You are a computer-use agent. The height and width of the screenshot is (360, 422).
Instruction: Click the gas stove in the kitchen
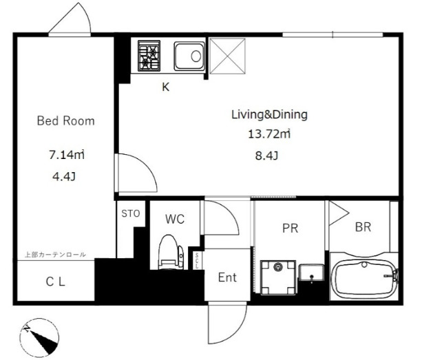(149, 56)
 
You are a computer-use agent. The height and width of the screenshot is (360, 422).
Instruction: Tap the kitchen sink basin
(189, 56)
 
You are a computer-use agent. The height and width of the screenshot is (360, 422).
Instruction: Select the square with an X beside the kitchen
(227, 56)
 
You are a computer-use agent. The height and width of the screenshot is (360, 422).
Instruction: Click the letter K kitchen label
(165, 87)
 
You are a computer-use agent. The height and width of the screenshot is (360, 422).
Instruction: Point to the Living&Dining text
(269, 115)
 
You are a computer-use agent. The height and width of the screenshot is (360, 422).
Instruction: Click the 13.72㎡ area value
(269, 134)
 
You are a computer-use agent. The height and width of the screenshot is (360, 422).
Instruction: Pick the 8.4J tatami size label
(266, 156)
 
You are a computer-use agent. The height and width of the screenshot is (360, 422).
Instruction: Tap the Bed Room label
(65, 121)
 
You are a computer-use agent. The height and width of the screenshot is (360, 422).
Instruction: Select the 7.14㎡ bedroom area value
(67, 155)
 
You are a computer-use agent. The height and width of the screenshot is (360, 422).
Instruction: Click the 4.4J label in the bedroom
(64, 176)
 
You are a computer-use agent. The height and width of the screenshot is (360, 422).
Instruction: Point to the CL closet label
(56, 282)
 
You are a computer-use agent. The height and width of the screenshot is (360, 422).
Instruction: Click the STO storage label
(131, 213)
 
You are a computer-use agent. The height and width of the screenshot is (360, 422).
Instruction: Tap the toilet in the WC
(171, 253)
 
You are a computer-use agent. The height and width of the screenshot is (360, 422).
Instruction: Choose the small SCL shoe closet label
(197, 260)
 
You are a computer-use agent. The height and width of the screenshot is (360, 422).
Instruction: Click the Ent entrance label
(227, 277)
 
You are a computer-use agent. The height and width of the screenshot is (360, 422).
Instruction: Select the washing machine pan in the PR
(278, 277)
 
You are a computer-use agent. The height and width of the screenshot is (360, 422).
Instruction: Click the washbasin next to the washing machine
(311, 273)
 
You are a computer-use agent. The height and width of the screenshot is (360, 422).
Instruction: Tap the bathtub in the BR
(364, 279)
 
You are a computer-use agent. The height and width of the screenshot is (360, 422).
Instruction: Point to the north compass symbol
(39, 338)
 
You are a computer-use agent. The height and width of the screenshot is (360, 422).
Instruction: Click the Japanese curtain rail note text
(56, 255)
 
